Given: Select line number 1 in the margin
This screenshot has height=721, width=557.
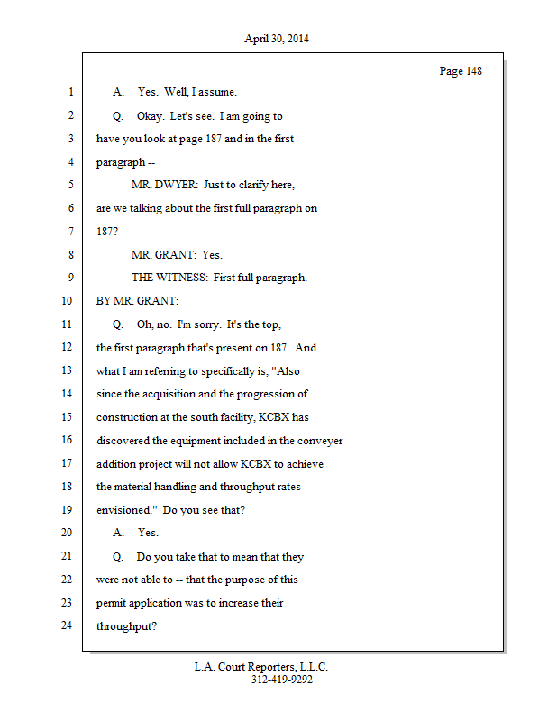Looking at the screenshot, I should [69, 92].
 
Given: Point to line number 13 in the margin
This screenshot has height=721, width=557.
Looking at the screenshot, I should [66, 370].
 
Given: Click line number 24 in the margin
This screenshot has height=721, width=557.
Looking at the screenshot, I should [66, 625].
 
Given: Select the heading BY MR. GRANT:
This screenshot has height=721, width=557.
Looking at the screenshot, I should [138, 301].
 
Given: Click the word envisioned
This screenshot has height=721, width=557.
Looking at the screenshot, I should [125, 510].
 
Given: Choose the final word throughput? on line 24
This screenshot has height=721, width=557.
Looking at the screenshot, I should [127, 626].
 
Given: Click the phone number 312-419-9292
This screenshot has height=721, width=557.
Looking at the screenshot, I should [281, 680].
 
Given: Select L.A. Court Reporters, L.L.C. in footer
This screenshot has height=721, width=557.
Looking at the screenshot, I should [261, 667].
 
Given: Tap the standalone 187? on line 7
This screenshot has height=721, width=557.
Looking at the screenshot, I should [107, 232].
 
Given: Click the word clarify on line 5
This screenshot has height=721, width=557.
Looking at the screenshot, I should [255, 185].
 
